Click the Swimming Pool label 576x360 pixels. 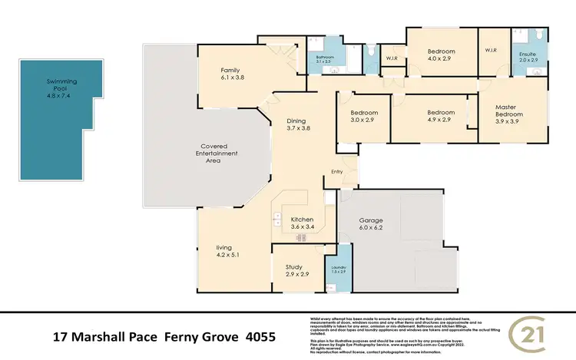click(62, 86)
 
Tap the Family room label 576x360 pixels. click(231, 73)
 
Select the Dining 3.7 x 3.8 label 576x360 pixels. click(298, 125)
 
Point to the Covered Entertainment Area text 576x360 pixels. click(219, 154)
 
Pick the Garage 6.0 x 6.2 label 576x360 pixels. click(371, 223)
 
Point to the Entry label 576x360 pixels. click(337, 171)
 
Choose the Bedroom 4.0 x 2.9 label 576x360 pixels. click(442, 54)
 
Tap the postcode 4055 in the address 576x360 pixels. click(260, 336)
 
